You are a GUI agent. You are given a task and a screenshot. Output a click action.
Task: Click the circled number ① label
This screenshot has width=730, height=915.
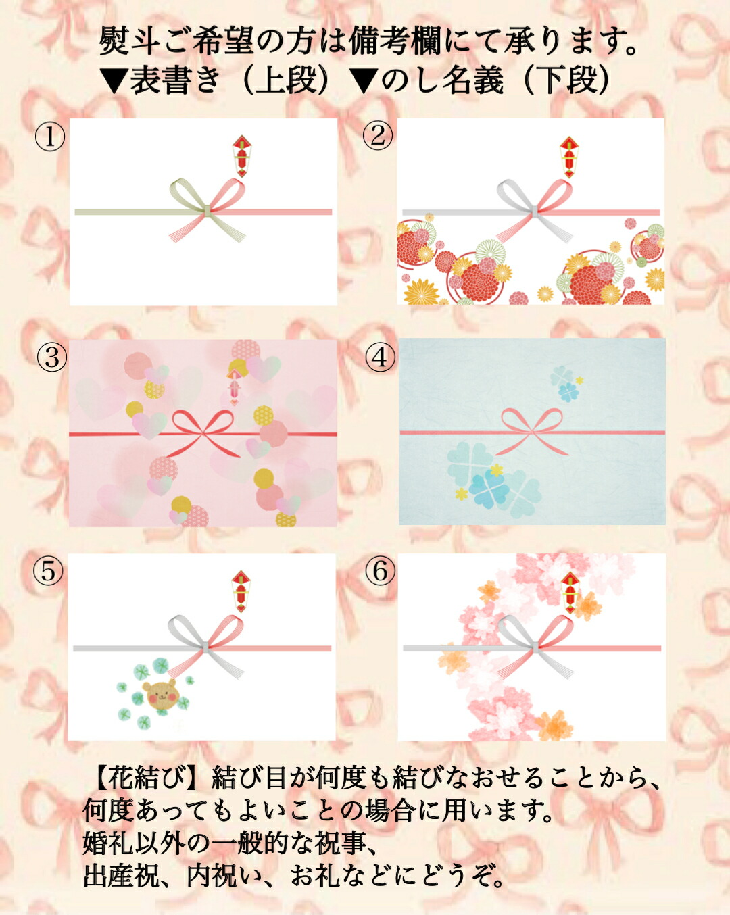tap(50, 138)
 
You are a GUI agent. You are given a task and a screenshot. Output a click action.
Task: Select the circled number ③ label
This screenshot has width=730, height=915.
tap(52, 357)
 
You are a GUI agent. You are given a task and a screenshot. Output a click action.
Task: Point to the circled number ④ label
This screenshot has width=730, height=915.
tap(380, 357)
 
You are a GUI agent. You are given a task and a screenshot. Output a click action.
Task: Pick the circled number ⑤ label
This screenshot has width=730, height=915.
tap(49, 571)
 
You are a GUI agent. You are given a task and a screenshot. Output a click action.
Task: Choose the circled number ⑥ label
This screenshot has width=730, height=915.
tap(380, 571)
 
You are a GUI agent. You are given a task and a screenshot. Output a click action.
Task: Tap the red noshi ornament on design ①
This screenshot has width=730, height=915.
tap(241, 156)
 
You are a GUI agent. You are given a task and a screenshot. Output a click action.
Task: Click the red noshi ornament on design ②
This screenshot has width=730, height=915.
tap(568, 157)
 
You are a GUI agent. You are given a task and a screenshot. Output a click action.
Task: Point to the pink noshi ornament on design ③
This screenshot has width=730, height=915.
tap(233, 387)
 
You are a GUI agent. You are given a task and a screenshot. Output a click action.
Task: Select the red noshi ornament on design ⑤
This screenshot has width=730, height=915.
tap(241, 591)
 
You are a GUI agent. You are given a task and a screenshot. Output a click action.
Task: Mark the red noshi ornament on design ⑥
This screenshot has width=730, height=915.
tap(570, 593)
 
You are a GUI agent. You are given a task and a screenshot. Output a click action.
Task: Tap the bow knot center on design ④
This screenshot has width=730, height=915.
tap(532, 433)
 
